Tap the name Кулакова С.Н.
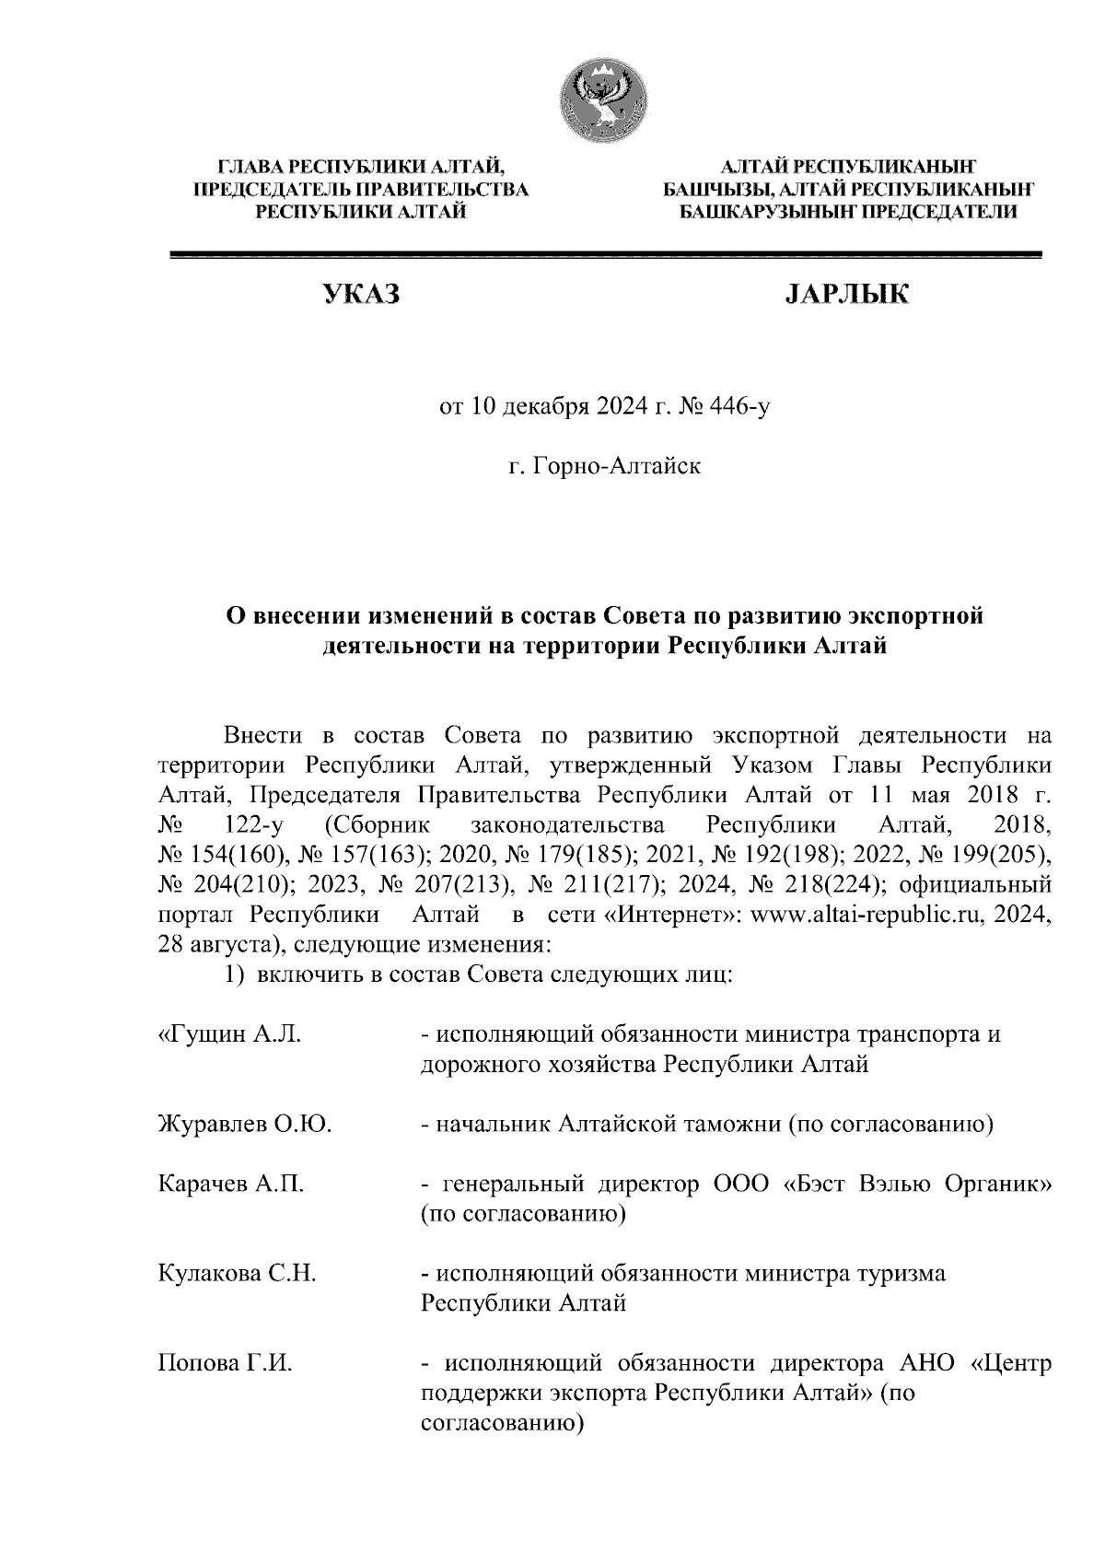pyautogui.click(x=238, y=1274)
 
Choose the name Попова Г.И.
pyautogui.click(x=226, y=1363)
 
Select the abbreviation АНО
pyautogui.click(x=930, y=1363)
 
